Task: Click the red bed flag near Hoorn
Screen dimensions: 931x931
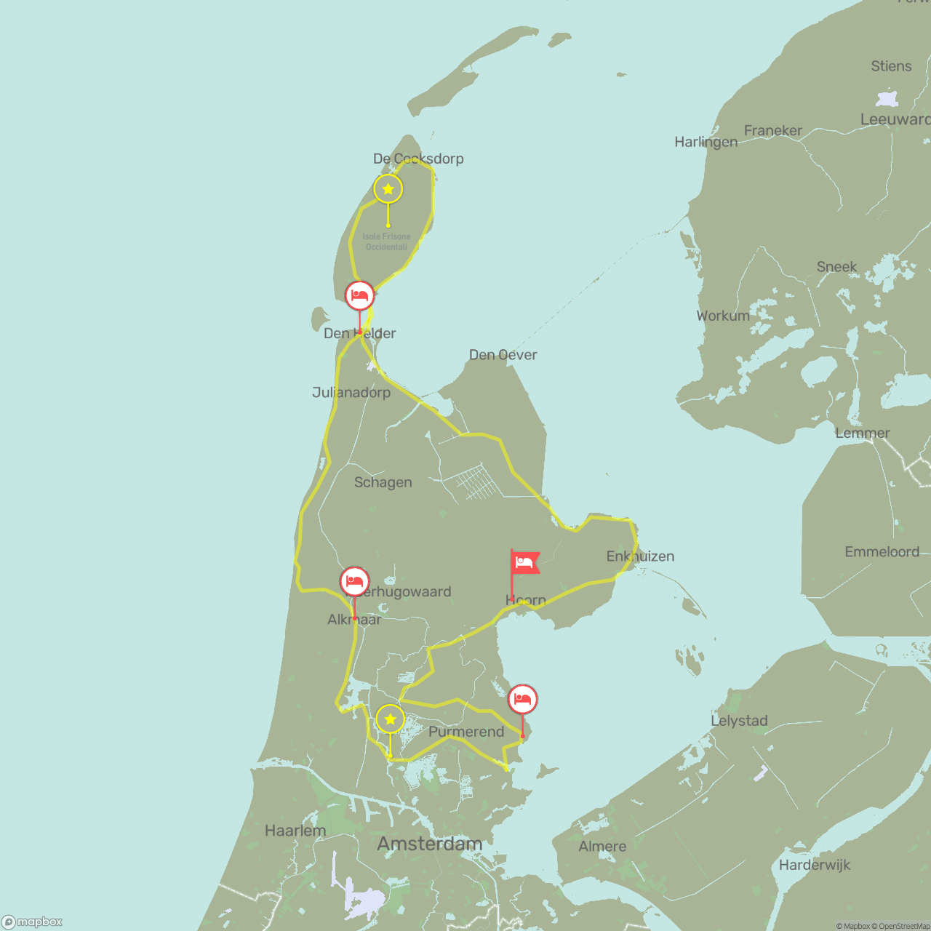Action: (x=525, y=562)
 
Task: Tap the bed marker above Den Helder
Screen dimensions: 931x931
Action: (x=359, y=296)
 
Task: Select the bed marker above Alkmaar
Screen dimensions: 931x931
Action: (x=354, y=582)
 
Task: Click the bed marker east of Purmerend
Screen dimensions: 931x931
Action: (x=522, y=700)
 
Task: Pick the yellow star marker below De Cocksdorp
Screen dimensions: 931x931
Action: (x=388, y=189)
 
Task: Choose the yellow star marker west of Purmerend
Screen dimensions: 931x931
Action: (x=390, y=719)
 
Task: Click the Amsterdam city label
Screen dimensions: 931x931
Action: (x=429, y=844)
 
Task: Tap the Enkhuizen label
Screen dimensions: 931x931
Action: (x=640, y=556)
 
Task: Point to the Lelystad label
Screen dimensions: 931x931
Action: (x=739, y=721)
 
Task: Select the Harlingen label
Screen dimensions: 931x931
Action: (x=706, y=142)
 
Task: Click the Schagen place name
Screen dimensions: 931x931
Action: (x=383, y=482)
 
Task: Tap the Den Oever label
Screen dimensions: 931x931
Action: (x=503, y=355)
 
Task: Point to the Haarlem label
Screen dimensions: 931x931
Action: (x=295, y=831)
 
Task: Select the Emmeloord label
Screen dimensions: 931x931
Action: (x=882, y=552)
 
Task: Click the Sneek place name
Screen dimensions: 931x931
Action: (x=836, y=267)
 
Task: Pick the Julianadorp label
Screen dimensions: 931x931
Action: (x=351, y=393)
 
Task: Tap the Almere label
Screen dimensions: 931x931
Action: (x=602, y=847)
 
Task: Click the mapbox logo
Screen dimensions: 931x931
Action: (x=32, y=922)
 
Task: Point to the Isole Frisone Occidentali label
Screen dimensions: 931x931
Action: (x=386, y=241)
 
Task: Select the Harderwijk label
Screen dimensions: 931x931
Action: (x=814, y=865)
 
